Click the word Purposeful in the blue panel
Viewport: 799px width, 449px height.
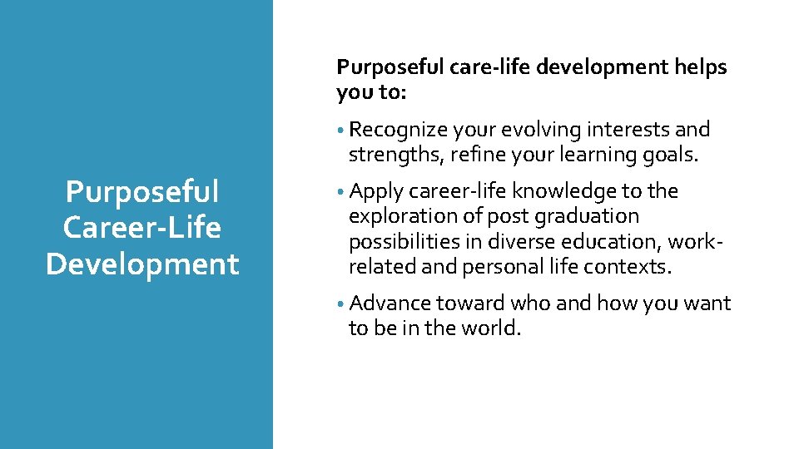[x=142, y=192]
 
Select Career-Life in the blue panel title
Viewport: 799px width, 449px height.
[x=142, y=228]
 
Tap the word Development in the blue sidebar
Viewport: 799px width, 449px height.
[x=142, y=264]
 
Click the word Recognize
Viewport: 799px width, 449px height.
[x=398, y=130]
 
